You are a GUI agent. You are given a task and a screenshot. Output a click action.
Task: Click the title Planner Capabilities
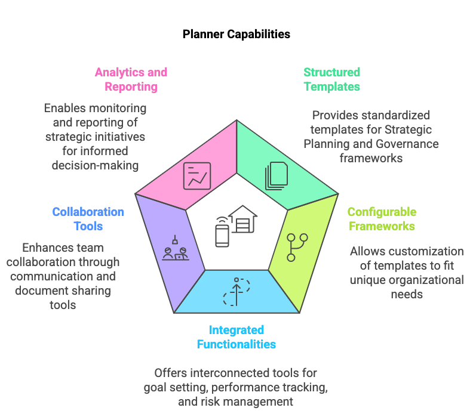[236, 34]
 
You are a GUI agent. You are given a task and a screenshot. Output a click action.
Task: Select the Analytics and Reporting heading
[131, 79]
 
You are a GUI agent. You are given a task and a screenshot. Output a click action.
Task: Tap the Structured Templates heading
[331, 79]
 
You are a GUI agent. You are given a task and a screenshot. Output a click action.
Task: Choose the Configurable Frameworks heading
[382, 219]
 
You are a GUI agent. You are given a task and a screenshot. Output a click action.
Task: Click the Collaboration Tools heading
[88, 219]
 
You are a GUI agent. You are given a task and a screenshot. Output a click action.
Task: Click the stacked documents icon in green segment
[277, 176]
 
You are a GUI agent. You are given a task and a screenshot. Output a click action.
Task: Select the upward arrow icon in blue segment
[237, 291]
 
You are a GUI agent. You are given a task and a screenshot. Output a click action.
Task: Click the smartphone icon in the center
[222, 233]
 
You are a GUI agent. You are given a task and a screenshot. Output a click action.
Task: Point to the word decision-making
[94, 165]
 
